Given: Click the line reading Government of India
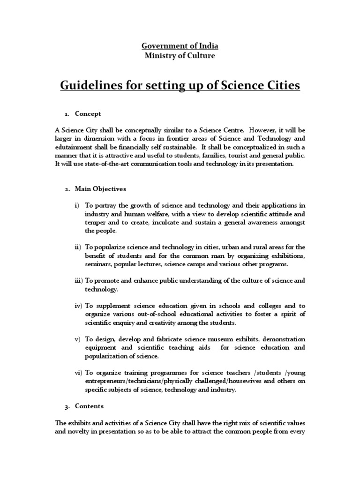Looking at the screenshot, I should click(180, 46).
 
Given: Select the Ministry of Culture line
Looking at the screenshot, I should click(180, 55).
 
